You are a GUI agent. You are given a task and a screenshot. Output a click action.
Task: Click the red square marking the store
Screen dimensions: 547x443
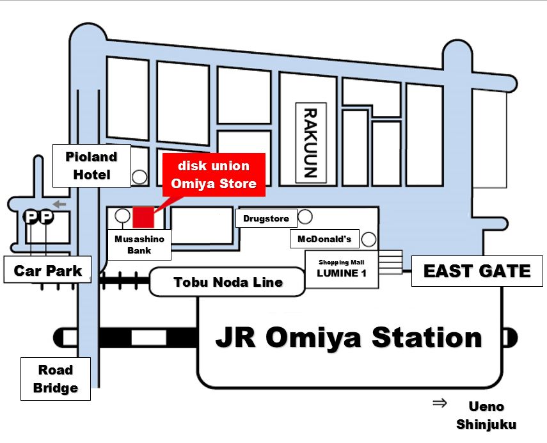[x=143, y=217]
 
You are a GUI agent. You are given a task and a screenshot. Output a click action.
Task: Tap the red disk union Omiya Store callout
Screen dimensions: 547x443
[x=214, y=175]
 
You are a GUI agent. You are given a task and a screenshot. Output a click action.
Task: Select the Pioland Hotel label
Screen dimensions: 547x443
[x=91, y=166]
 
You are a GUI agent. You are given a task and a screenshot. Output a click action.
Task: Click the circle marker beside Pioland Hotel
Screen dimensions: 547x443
[x=139, y=177]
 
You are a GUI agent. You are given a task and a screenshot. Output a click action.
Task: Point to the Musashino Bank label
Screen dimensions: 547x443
[x=139, y=245]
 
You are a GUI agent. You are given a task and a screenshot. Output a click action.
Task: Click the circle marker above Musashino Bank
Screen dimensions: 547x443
[x=122, y=216]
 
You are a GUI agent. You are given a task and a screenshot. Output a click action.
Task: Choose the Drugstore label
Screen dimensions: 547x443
[x=266, y=218]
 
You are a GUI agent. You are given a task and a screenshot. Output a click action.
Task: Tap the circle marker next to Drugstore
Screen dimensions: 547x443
[x=305, y=216]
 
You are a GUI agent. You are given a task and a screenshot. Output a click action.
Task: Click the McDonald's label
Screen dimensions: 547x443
[x=324, y=239]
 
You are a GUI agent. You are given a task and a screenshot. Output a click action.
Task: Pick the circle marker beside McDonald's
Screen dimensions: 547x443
[x=369, y=239]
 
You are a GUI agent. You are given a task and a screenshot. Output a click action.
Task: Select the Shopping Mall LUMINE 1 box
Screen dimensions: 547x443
[x=342, y=269]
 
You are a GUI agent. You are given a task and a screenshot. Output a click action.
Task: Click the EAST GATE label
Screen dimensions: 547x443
[x=477, y=271]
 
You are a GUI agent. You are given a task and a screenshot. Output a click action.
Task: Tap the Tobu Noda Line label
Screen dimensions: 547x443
[x=228, y=282]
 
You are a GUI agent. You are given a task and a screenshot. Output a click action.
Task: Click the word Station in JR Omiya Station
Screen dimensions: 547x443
[x=427, y=337]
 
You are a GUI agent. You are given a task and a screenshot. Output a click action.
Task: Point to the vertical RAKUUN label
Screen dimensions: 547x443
[x=311, y=143]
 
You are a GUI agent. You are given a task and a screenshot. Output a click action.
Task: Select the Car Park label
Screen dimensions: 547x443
[x=47, y=270]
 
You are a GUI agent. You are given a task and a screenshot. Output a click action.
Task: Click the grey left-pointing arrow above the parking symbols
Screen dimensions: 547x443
[x=59, y=204]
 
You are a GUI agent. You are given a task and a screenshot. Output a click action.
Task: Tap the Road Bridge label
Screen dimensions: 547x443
[x=56, y=379]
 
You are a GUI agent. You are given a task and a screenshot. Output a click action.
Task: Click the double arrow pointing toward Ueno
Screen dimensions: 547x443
[x=440, y=403]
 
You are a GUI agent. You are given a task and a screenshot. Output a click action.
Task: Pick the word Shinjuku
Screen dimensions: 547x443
[x=486, y=424]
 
